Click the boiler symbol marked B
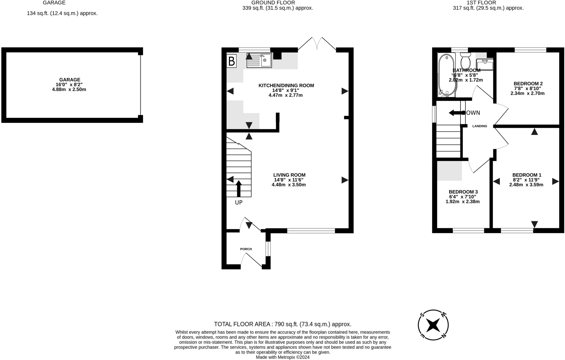pyautogui.click(x=231, y=61)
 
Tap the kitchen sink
pyautogui.click(x=259, y=60)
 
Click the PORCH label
pyautogui.click(x=246, y=249)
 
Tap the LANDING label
pyautogui.click(x=480, y=126)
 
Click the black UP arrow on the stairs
pyautogui.click(x=239, y=189)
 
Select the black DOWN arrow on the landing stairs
pyautogui.click(x=457, y=113)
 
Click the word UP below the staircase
pyautogui.click(x=239, y=202)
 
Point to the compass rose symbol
pyautogui.click(x=433, y=325)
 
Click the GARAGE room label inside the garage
pyautogui.click(x=70, y=80)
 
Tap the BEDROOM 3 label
pyautogui.click(x=463, y=192)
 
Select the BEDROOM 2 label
pyautogui.click(x=528, y=84)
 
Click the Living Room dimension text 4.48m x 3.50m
pyautogui.click(x=289, y=185)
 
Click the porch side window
pyautogui.click(x=268, y=249)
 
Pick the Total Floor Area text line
pyautogui.click(x=282, y=324)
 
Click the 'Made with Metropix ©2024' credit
pyautogui.click(x=282, y=357)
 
